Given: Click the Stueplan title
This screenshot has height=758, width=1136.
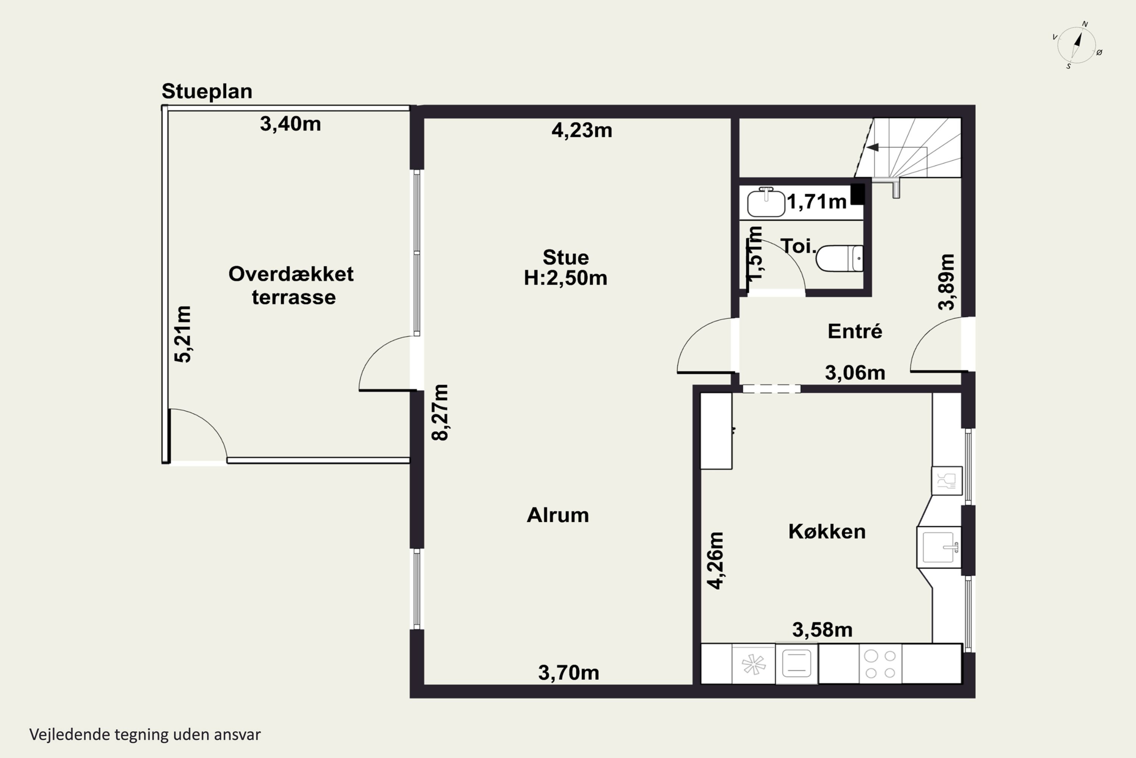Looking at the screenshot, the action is tap(207, 91).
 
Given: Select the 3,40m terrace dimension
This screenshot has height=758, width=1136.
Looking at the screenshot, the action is tap(290, 124).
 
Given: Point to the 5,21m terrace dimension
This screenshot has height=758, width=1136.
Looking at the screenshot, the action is tap(183, 334).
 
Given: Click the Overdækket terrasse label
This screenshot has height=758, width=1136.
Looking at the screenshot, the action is tap(291, 285).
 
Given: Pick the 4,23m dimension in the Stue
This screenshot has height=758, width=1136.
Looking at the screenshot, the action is tap(582, 130).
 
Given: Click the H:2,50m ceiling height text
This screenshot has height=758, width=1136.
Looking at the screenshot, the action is tap(566, 278).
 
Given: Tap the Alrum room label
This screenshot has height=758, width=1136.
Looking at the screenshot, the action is tap(558, 515).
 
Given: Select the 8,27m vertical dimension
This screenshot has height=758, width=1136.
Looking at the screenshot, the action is tap(440, 412).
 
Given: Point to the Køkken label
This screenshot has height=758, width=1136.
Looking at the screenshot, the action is tap(827, 532).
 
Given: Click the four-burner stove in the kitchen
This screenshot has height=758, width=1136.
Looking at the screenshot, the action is tap(880, 664).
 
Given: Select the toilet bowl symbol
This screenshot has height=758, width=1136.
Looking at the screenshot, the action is tap(840, 258).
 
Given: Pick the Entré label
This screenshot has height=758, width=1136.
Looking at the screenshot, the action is tap(855, 331).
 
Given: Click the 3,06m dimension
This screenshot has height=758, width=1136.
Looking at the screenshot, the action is tap(855, 373).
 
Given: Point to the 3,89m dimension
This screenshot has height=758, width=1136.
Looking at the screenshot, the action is tap(946, 282).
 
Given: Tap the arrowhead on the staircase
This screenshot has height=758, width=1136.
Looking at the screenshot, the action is tap(872, 147).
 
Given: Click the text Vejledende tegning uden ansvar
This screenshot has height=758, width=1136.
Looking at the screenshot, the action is tap(145, 735).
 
